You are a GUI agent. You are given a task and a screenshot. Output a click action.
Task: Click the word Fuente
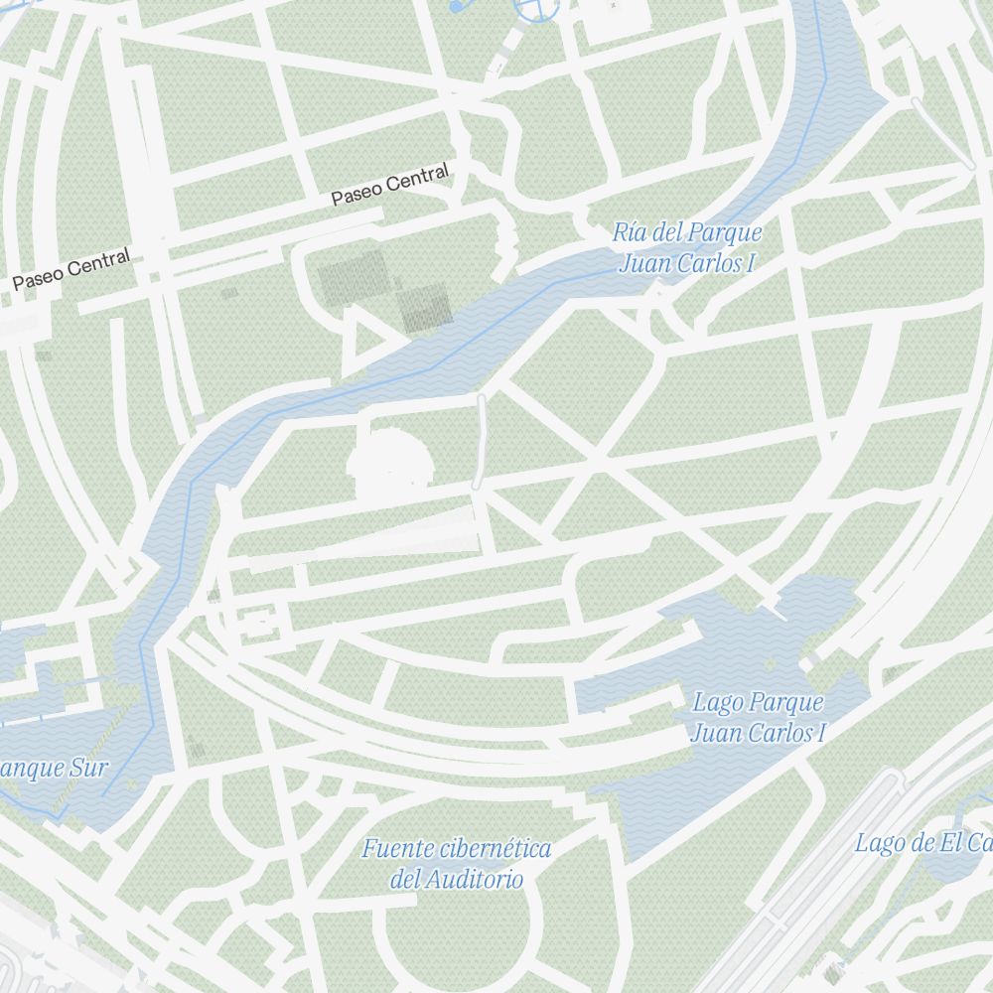[x=397, y=849]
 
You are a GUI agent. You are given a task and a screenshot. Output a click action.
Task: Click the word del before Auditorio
[x=407, y=879]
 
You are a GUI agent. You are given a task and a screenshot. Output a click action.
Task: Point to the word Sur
[x=88, y=768]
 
